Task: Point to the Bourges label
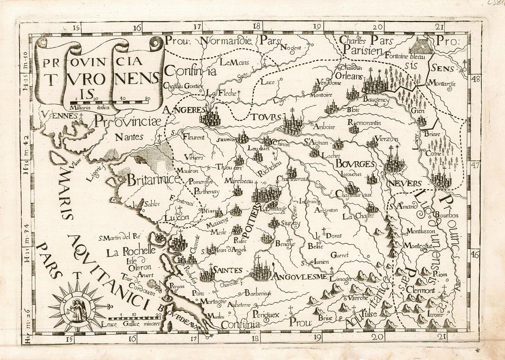[355, 164]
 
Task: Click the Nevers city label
[405, 184]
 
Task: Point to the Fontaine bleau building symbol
[421, 46]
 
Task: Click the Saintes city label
[227, 270]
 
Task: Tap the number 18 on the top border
[257, 27]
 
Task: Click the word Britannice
[153, 180]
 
